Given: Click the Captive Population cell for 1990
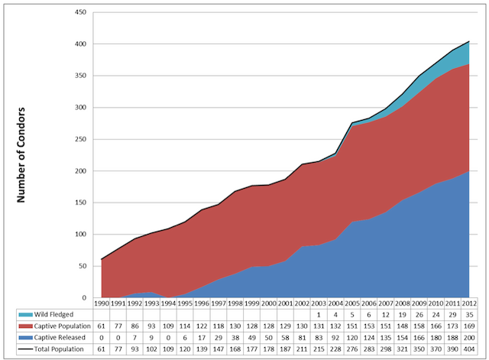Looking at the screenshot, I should pos(101,326).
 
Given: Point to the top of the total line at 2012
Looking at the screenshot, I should pos(468,42).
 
